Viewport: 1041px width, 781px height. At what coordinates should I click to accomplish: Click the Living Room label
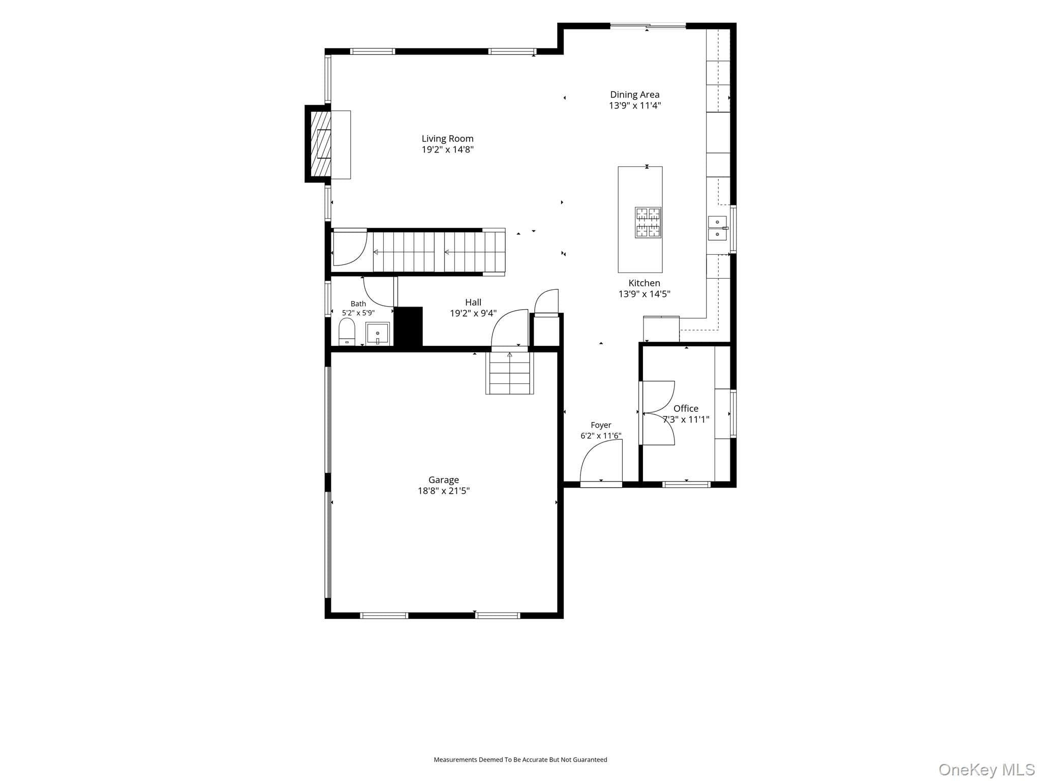point(447,139)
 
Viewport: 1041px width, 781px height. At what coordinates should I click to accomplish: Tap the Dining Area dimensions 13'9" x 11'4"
point(635,106)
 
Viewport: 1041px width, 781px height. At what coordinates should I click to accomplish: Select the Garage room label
point(444,480)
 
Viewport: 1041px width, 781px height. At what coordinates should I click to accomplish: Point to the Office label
point(686,408)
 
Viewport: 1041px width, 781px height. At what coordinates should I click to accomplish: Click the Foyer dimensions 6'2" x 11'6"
point(601,436)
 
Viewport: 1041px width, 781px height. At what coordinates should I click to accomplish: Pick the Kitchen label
point(644,283)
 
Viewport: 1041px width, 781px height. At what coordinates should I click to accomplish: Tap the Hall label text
point(473,303)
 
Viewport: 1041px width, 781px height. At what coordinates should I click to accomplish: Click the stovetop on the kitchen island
point(648,223)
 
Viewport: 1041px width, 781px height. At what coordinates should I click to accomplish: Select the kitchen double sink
point(717,228)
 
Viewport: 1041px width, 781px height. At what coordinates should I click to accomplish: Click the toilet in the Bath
point(347,332)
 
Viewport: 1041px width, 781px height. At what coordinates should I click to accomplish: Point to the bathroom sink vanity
point(378,334)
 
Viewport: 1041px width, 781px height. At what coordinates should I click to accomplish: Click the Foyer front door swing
point(601,460)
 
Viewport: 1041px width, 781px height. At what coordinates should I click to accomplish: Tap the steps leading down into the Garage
point(509,373)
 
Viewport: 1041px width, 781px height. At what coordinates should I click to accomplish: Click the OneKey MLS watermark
point(987,770)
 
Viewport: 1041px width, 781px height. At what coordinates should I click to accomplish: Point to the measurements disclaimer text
point(520,760)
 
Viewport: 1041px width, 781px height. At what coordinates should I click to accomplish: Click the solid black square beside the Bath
point(409,326)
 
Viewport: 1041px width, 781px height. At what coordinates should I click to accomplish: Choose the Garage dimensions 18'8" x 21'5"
point(444,491)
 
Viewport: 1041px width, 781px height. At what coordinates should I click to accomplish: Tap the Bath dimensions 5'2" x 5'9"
point(358,313)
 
